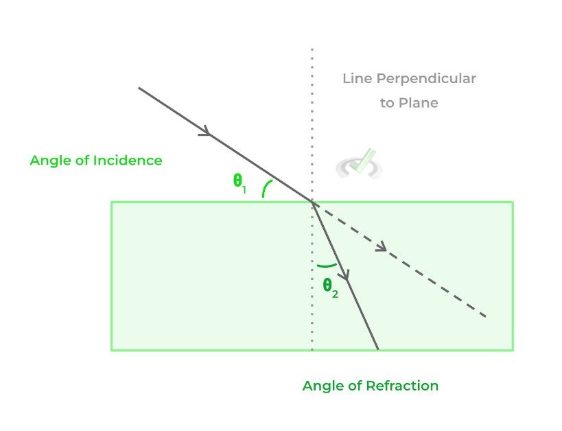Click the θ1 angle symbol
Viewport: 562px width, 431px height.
pyautogui.click(x=239, y=183)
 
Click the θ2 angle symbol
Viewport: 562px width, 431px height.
pyautogui.click(x=330, y=288)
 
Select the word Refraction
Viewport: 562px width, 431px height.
pyautogui.click(x=401, y=386)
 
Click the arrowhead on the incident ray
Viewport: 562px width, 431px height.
pyautogui.click(x=204, y=132)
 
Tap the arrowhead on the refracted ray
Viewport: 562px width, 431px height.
pyautogui.click(x=346, y=276)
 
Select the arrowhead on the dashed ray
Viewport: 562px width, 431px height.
pyautogui.click(x=382, y=247)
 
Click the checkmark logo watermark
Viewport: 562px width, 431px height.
pyautogui.click(x=360, y=163)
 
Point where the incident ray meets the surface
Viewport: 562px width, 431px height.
pyautogui.click(x=313, y=202)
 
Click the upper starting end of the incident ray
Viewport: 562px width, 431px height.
pyautogui.click(x=139, y=88)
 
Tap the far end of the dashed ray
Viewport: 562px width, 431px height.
pyautogui.click(x=486, y=316)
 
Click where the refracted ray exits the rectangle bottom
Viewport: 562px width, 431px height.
pyautogui.click(x=377, y=350)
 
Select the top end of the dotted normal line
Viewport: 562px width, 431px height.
pyautogui.click(x=312, y=50)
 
